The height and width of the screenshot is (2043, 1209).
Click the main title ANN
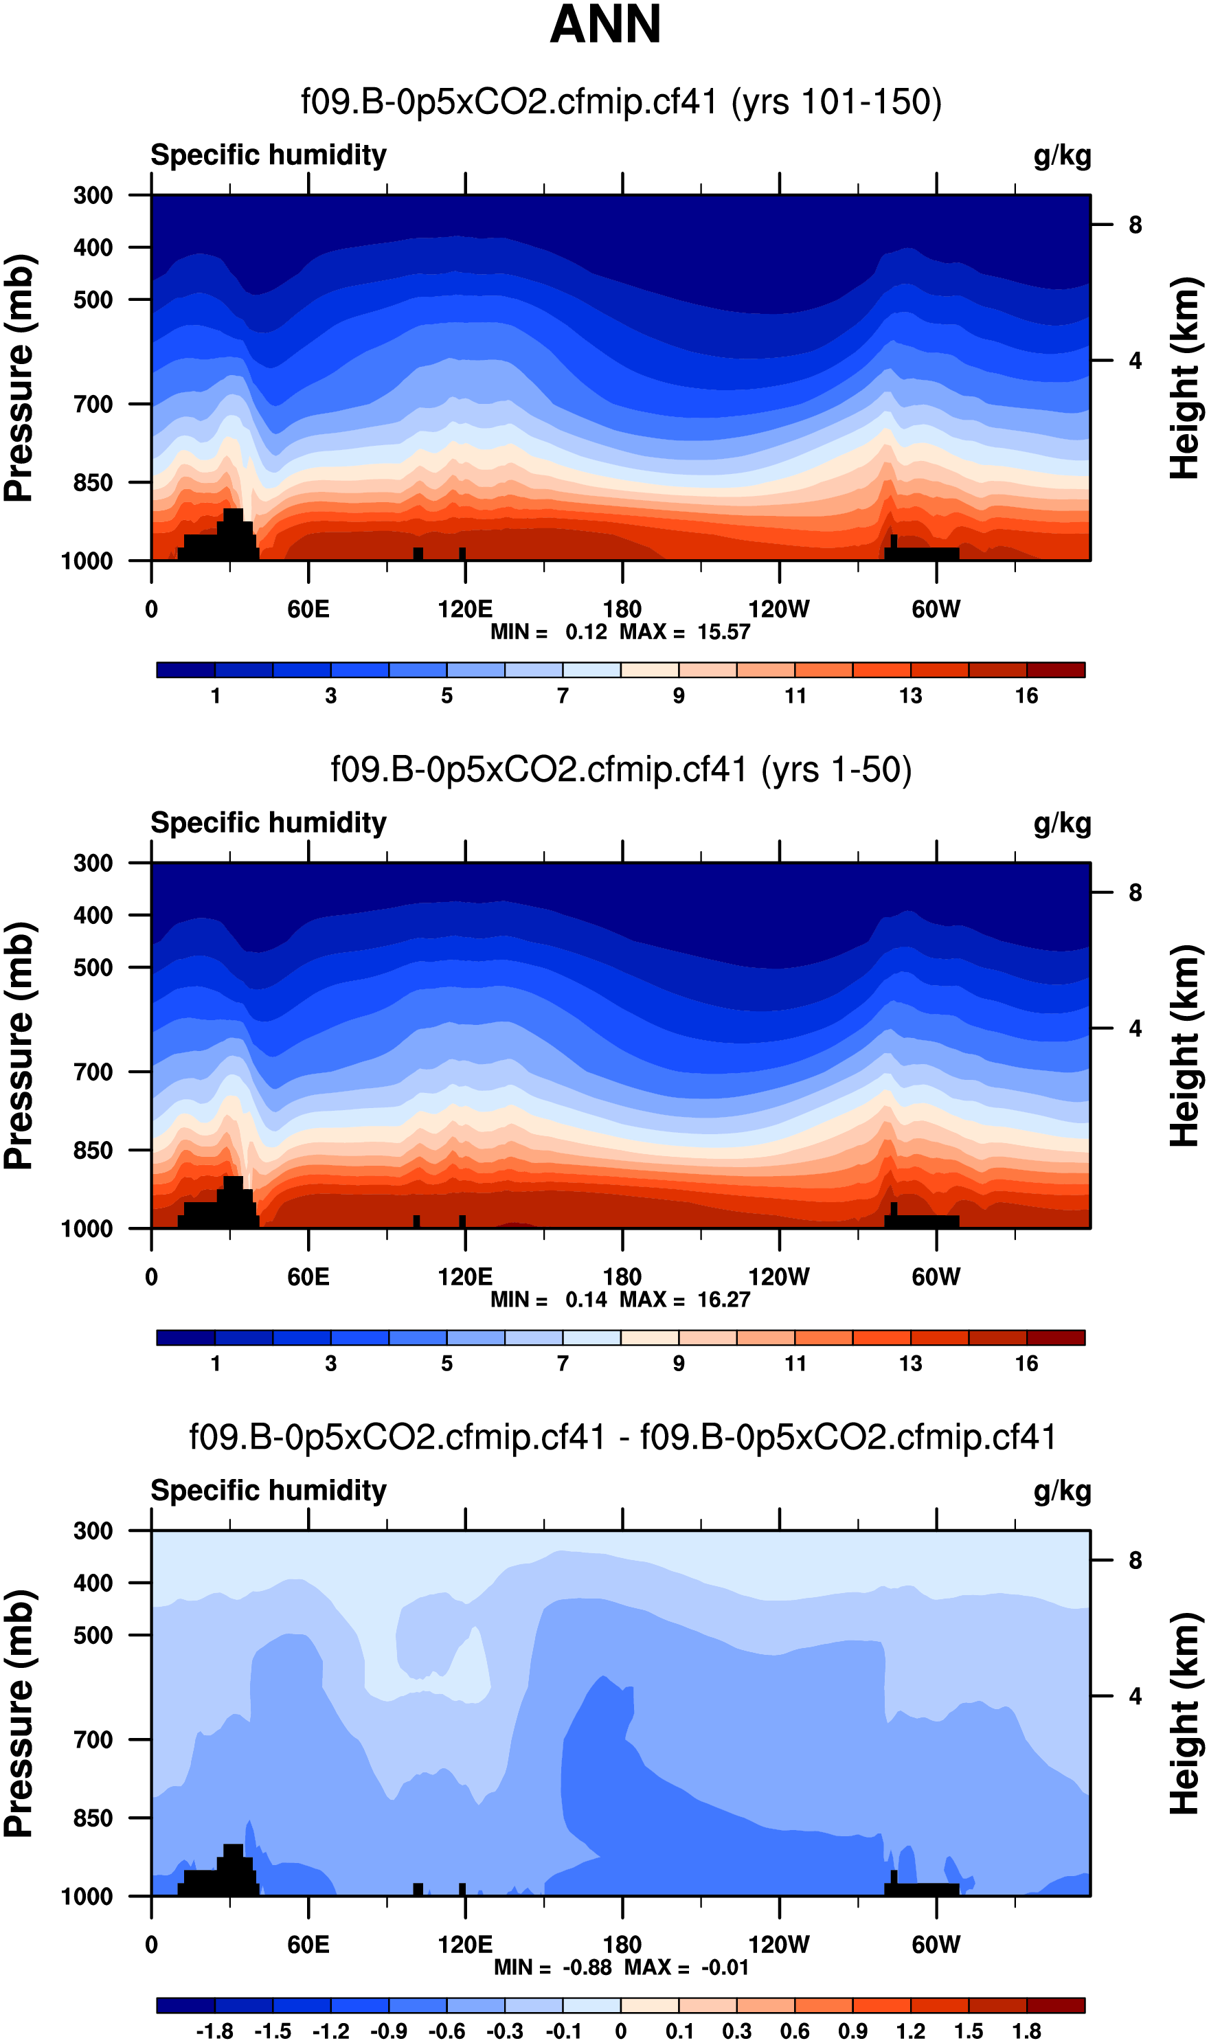pyautogui.click(x=604, y=25)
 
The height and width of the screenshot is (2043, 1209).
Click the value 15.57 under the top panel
pyautogui.click(x=723, y=632)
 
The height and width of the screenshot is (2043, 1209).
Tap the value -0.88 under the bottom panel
pyautogui.click(x=587, y=1967)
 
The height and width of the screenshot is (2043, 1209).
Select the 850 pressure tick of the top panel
pyautogui.click(x=93, y=483)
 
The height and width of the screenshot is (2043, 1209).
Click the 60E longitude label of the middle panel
pyautogui.click(x=308, y=1276)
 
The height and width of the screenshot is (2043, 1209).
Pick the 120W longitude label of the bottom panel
pyautogui.click(x=778, y=1945)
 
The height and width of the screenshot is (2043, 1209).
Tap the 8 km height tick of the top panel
pyautogui.click(x=1135, y=225)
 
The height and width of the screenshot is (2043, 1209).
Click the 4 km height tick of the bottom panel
pyautogui.click(x=1135, y=1696)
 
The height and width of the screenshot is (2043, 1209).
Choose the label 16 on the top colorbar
pyautogui.click(x=1026, y=696)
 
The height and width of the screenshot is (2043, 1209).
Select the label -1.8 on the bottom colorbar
pyautogui.click(x=214, y=2031)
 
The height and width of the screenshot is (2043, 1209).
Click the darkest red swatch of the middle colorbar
pyautogui.click(x=1055, y=1337)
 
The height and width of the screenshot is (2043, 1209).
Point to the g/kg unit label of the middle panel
pyautogui.click(x=1061, y=824)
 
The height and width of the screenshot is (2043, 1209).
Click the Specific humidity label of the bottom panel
pyautogui.click(x=268, y=1491)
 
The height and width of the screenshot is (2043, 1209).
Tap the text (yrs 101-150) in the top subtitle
pyautogui.click(x=836, y=102)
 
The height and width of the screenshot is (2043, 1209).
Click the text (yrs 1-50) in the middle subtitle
pyautogui.click(x=836, y=770)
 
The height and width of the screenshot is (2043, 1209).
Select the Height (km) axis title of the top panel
pyautogui.click(x=1186, y=378)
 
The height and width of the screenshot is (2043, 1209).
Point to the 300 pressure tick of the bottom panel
pyautogui.click(x=93, y=1531)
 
